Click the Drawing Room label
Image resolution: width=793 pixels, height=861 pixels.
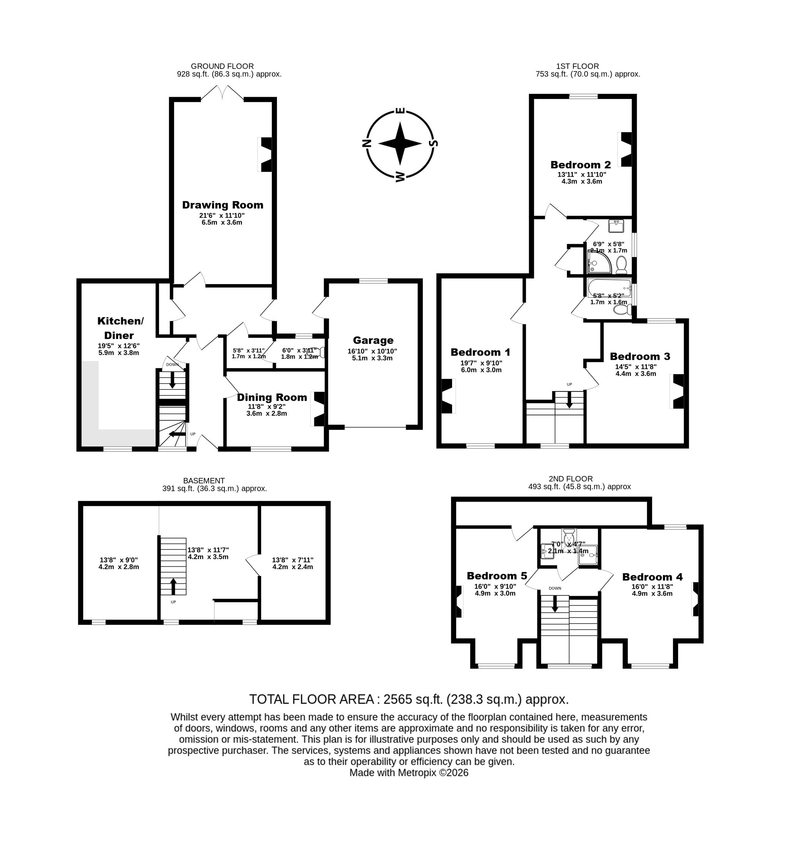tap(223, 205)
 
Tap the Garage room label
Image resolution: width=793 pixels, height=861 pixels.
tap(373, 340)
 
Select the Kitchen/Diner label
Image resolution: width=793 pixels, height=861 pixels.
tap(120, 328)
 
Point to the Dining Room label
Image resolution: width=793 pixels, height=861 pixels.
tap(272, 397)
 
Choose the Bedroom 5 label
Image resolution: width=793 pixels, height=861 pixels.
tap(497, 576)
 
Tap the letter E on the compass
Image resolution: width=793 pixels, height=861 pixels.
tap(400, 111)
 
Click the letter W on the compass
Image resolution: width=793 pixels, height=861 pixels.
tap(400, 176)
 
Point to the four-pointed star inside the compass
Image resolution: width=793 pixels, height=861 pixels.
tap(400, 144)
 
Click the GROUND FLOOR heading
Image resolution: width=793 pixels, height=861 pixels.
tap(222, 66)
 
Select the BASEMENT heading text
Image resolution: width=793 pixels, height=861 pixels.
tap(204, 481)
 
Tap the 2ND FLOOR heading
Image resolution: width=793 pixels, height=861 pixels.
tap(571, 479)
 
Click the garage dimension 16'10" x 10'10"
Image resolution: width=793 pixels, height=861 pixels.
tap(373, 351)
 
